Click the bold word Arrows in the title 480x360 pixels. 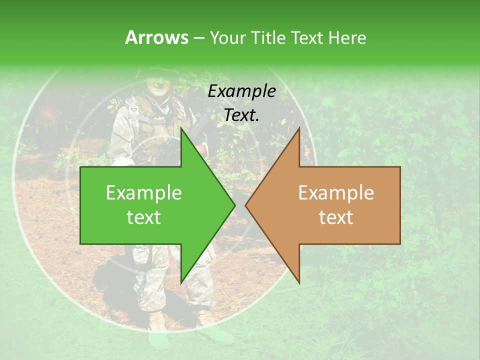click(156, 37)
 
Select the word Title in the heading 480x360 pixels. click(270, 37)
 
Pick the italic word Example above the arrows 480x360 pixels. click(242, 91)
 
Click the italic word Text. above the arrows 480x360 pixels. click(242, 115)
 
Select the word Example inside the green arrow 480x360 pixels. click(144, 193)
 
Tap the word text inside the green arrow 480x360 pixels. click(144, 217)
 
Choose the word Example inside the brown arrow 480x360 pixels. click(336, 193)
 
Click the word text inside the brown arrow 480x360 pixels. click(336, 217)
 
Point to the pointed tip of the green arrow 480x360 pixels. click(235, 205)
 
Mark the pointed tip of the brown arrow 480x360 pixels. click(245, 205)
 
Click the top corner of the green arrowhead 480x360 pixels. click(181, 128)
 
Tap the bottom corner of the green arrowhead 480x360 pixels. click(181, 283)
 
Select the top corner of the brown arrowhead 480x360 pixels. click(299, 128)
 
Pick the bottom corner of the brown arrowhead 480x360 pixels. click(299, 283)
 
